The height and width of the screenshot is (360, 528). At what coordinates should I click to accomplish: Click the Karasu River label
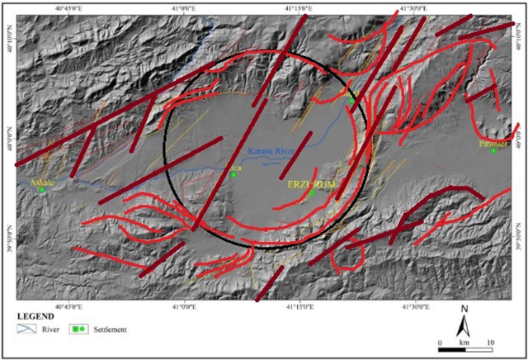272,151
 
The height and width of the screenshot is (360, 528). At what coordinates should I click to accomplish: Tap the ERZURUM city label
312,183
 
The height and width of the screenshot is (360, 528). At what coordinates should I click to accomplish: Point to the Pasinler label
493,142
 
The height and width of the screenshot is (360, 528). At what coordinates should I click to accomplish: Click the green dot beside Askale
41,190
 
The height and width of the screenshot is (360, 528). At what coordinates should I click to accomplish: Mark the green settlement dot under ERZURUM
313,192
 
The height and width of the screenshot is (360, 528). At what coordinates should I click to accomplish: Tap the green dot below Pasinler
493,150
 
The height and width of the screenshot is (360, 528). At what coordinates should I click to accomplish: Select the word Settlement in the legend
110,329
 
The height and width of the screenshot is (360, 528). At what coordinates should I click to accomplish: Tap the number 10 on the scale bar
491,341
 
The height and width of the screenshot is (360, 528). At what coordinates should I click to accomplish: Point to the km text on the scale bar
464,341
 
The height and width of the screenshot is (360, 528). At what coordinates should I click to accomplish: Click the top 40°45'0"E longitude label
70,8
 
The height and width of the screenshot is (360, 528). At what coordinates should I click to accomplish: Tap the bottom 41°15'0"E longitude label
299,306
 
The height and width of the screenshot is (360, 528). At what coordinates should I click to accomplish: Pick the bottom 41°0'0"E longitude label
184,306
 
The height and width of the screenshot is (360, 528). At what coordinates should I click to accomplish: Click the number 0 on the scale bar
440,341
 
